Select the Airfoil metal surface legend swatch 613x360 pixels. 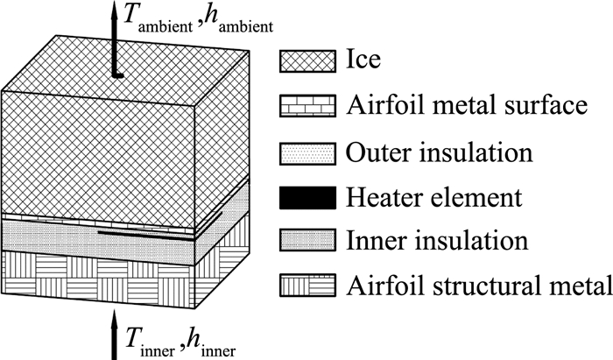pyautogui.click(x=306, y=107)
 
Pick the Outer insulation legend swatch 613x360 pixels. pyautogui.click(x=306, y=152)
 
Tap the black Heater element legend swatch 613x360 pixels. pyautogui.click(x=306, y=196)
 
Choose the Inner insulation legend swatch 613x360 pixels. pyautogui.click(x=306, y=241)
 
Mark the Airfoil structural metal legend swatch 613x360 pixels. pyautogui.click(x=306, y=286)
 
